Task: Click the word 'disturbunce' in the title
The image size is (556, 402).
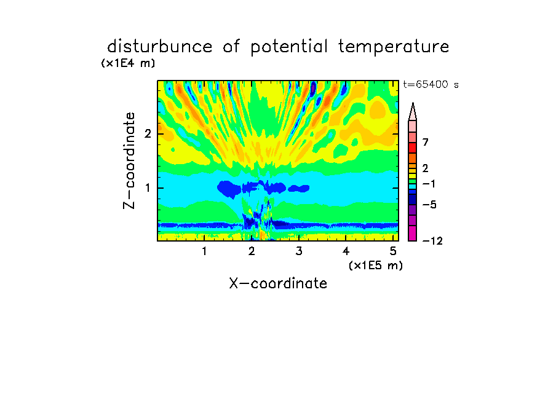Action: [x=160, y=46]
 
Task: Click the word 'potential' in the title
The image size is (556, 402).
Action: [x=289, y=47]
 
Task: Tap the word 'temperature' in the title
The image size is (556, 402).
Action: [x=393, y=47]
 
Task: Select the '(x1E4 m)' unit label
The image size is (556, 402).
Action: [x=128, y=63]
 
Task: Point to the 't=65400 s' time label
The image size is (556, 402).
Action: [x=431, y=84]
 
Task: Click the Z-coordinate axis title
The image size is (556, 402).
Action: [x=129, y=160]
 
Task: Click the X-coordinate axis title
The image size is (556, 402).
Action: [x=278, y=283]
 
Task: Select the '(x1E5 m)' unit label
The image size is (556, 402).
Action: [x=376, y=266]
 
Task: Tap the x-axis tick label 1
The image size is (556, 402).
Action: [x=204, y=251]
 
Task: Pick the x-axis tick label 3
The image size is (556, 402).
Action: [x=299, y=251]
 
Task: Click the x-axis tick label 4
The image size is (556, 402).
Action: [x=346, y=251]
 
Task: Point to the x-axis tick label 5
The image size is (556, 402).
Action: [x=393, y=251]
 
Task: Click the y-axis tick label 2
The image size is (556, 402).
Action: [x=148, y=134]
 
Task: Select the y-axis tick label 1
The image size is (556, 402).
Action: [x=148, y=188]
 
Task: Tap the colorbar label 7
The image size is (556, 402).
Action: [x=426, y=142]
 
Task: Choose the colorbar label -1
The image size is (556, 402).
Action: [x=429, y=184]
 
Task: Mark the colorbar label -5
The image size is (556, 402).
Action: [x=429, y=205]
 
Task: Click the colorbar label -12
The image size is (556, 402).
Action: [x=432, y=241]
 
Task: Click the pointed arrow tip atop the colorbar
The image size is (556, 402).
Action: [x=413, y=103]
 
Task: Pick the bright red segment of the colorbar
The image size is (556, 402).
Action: [x=413, y=148]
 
